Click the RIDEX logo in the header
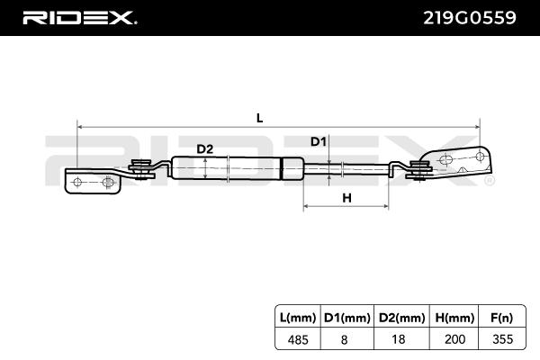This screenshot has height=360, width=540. [x=79, y=17]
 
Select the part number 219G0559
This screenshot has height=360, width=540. [x=472, y=17]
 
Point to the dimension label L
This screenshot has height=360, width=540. [x=259, y=118]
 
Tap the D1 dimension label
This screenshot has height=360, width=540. [x=319, y=141]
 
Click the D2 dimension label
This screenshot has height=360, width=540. [x=204, y=148]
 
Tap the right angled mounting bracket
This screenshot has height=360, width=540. [x=459, y=163]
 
